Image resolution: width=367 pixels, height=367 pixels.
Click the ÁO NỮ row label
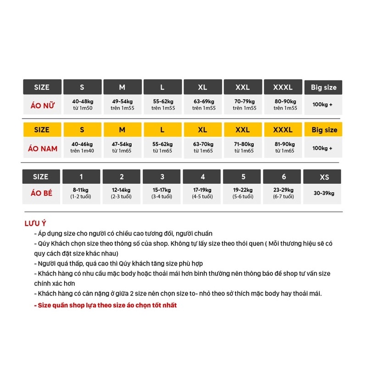pyautogui.click(x=42, y=105)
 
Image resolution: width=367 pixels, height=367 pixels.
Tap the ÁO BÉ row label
pyautogui.click(x=42, y=193)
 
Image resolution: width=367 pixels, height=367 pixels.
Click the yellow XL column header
pyautogui.click(x=202, y=130)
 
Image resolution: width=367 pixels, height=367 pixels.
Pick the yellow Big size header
pyautogui.click(x=324, y=130)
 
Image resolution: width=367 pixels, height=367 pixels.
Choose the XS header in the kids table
pyautogui.click(x=324, y=177)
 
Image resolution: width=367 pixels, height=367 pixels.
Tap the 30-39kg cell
pyautogui.click(x=324, y=193)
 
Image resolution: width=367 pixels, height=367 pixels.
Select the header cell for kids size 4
pyautogui.click(x=203, y=177)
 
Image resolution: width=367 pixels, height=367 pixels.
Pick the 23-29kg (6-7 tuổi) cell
pyautogui.click(x=283, y=193)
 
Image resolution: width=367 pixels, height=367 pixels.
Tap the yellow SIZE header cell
pyautogui.click(x=42, y=130)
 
